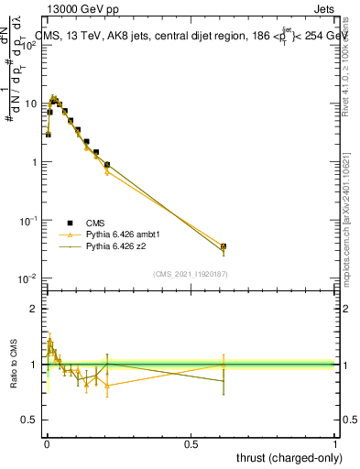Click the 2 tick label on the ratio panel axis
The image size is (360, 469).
click(x=33, y=309)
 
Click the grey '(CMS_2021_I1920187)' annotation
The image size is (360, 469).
click(x=190, y=274)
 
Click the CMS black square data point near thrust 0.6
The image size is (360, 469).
click(x=224, y=246)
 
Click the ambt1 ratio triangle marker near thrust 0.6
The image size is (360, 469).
click(x=224, y=365)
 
